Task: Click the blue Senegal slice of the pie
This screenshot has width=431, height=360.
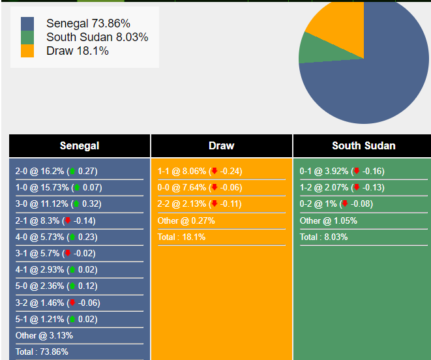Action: pyautogui.click(x=378, y=78)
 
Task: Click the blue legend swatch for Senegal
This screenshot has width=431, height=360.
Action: pyautogui.click(x=27, y=23)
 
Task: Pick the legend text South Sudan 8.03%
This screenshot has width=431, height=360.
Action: pyautogui.click(x=97, y=37)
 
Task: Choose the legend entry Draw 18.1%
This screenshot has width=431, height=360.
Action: pyautogui.click(x=77, y=51)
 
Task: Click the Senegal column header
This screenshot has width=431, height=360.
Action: pyautogui.click(x=80, y=145)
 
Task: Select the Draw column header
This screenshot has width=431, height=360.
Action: pyautogui.click(x=222, y=145)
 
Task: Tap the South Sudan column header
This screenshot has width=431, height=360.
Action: pyautogui.click(x=363, y=145)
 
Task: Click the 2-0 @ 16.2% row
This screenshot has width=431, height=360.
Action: pyautogui.click(x=56, y=172)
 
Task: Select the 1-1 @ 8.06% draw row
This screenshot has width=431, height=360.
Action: pyautogui.click(x=200, y=172)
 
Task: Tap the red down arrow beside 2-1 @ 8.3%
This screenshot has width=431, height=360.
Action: pyautogui.click(x=68, y=220)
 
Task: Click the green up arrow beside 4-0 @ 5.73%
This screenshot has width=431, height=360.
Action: pyautogui.click(x=72, y=237)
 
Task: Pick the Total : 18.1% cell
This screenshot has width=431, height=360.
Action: pyautogui.click(x=181, y=237)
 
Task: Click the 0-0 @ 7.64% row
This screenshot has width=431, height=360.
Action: pyautogui.click(x=200, y=188)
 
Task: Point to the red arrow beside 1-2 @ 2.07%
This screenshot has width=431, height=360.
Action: pyautogui.click(x=356, y=188)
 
